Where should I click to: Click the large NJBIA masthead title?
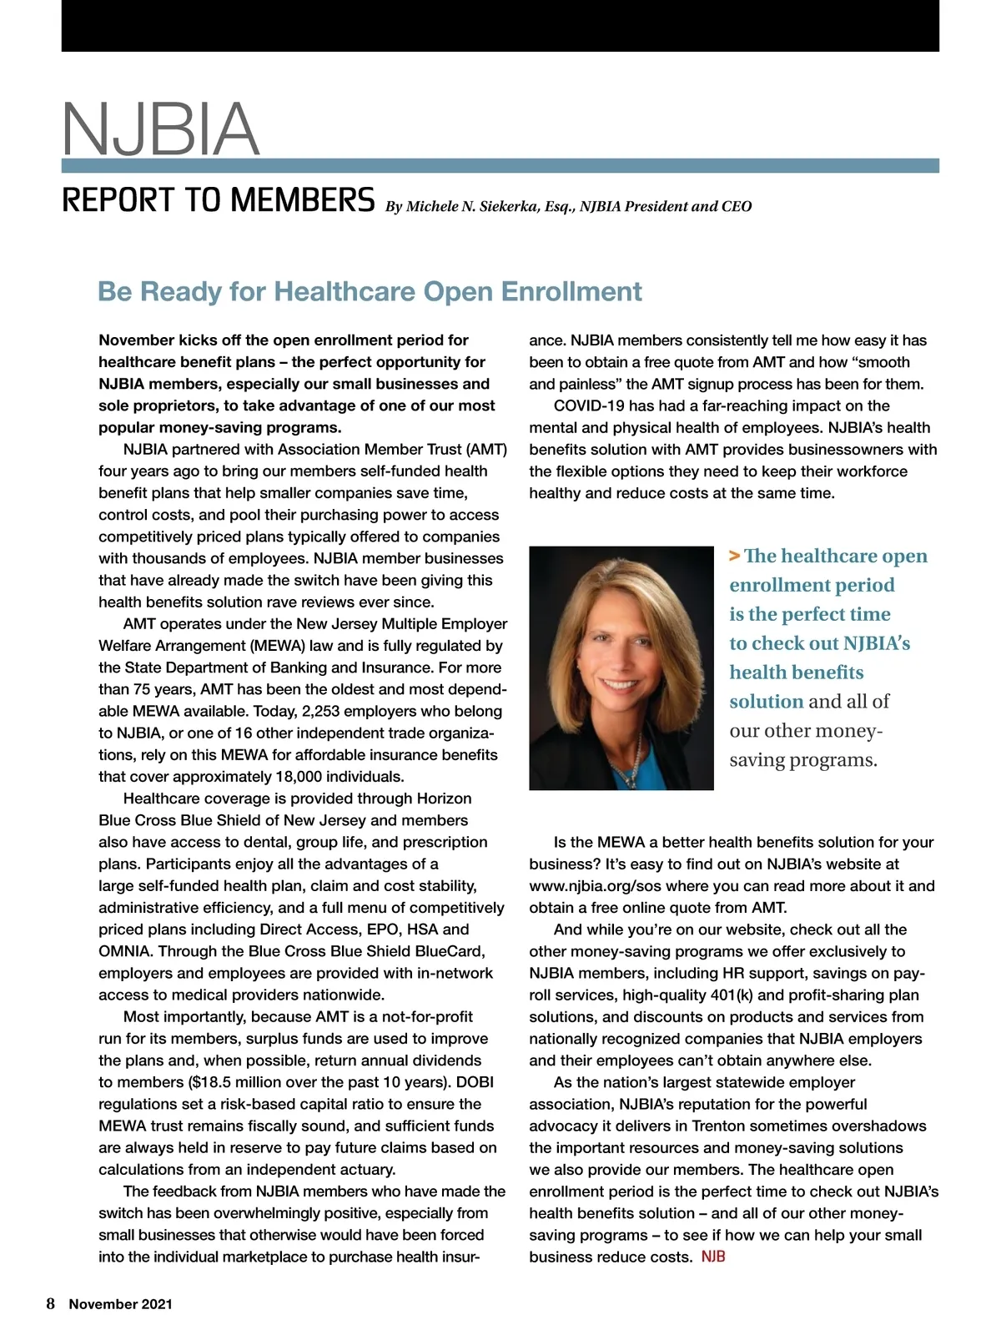pos(161,129)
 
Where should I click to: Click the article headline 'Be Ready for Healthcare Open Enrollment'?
pos(370,291)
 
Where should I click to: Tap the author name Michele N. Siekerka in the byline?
pos(471,206)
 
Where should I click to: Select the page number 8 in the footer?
pos(51,1303)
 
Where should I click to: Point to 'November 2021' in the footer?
pos(120,1304)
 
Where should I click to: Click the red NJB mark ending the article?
pos(713,1257)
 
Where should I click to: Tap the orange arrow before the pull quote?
pos(734,556)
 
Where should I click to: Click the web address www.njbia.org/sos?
pos(606,886)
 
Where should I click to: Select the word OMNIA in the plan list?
pos(125,951)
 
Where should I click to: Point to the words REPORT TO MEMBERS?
pos(219,200)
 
